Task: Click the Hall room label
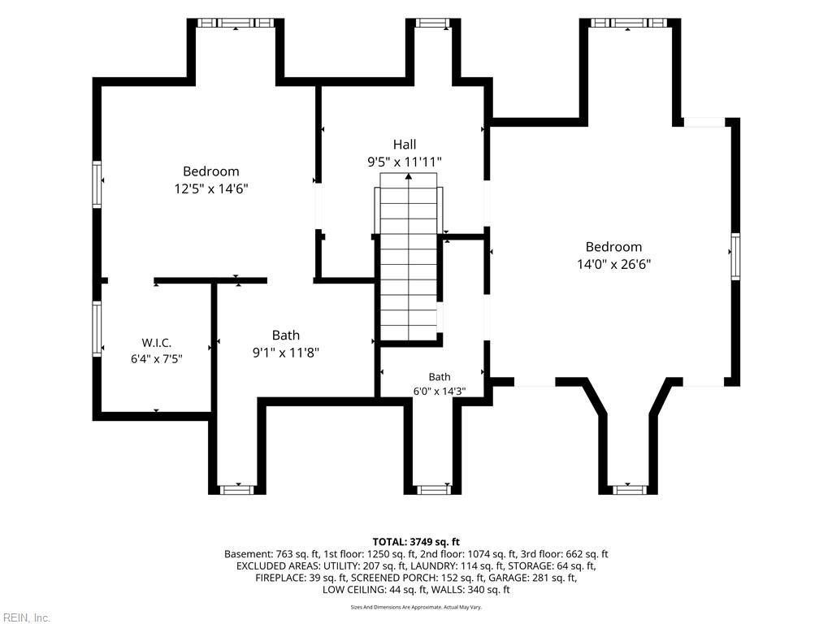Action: coord(405,145)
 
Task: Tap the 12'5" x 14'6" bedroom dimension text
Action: coord(211,188)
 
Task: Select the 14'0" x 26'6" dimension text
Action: coord(614,264)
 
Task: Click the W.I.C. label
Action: coord(157,343)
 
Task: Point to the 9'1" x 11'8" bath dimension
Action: coord(285,353)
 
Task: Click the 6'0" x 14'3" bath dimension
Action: coord(440,392)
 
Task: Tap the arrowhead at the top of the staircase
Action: coord(409,176)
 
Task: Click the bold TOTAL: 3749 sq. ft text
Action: coord(416,542)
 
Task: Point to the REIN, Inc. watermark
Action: coord(25,617)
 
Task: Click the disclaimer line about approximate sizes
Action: coord(416,607)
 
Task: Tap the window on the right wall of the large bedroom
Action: coord(735,257)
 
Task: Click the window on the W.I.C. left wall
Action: coord(97,329)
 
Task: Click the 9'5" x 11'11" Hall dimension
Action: coord(405,162)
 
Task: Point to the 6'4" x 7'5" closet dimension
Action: coord(157,359)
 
